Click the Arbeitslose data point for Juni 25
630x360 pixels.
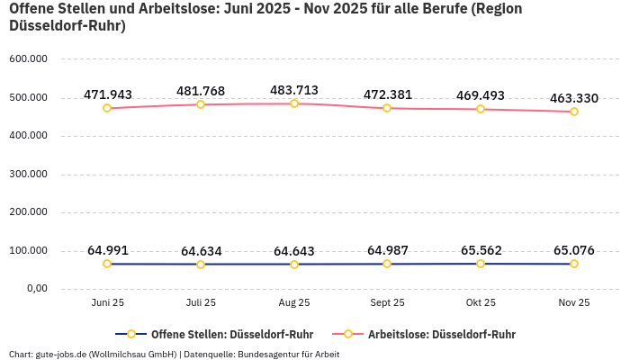(x=107, y=108)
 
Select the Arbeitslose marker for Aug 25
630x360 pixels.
(x=294, y=103)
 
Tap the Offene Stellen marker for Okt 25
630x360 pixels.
(x=481, y=264)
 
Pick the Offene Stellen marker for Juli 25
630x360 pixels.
(x=201, y=265)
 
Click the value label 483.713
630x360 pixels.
(x=294, y=90)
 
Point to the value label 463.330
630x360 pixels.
(x=574, y=98)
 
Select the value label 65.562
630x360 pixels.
(x=481, y=250)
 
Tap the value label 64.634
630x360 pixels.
(x=201, y=251)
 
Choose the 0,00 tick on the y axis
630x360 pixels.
(x=35, y=289)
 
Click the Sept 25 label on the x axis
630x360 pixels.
(x=387, y=303)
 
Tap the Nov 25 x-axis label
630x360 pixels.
(x=574, y=303)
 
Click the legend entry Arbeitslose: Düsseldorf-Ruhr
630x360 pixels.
(x=441, y=334)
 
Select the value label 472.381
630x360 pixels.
(x=387, y=94)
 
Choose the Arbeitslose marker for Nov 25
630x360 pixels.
(x=574, y=112)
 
